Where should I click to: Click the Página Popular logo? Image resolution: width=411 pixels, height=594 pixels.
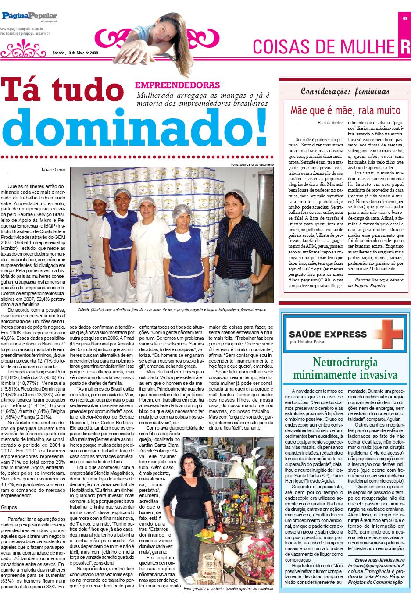click(x=29, y=16)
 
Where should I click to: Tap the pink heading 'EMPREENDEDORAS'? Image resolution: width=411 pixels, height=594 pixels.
click(x=178, y=85)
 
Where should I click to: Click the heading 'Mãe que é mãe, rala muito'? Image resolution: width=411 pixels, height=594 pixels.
click(x=346, y=110)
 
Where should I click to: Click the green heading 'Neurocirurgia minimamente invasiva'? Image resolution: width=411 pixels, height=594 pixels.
click(x=345, y=368)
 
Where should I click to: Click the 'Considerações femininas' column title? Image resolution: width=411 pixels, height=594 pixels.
click(x=345, y=92)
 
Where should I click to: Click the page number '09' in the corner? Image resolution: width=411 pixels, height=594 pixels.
click(x=405, y=18)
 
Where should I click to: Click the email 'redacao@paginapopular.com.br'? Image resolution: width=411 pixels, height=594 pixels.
click(x=25, y=33)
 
